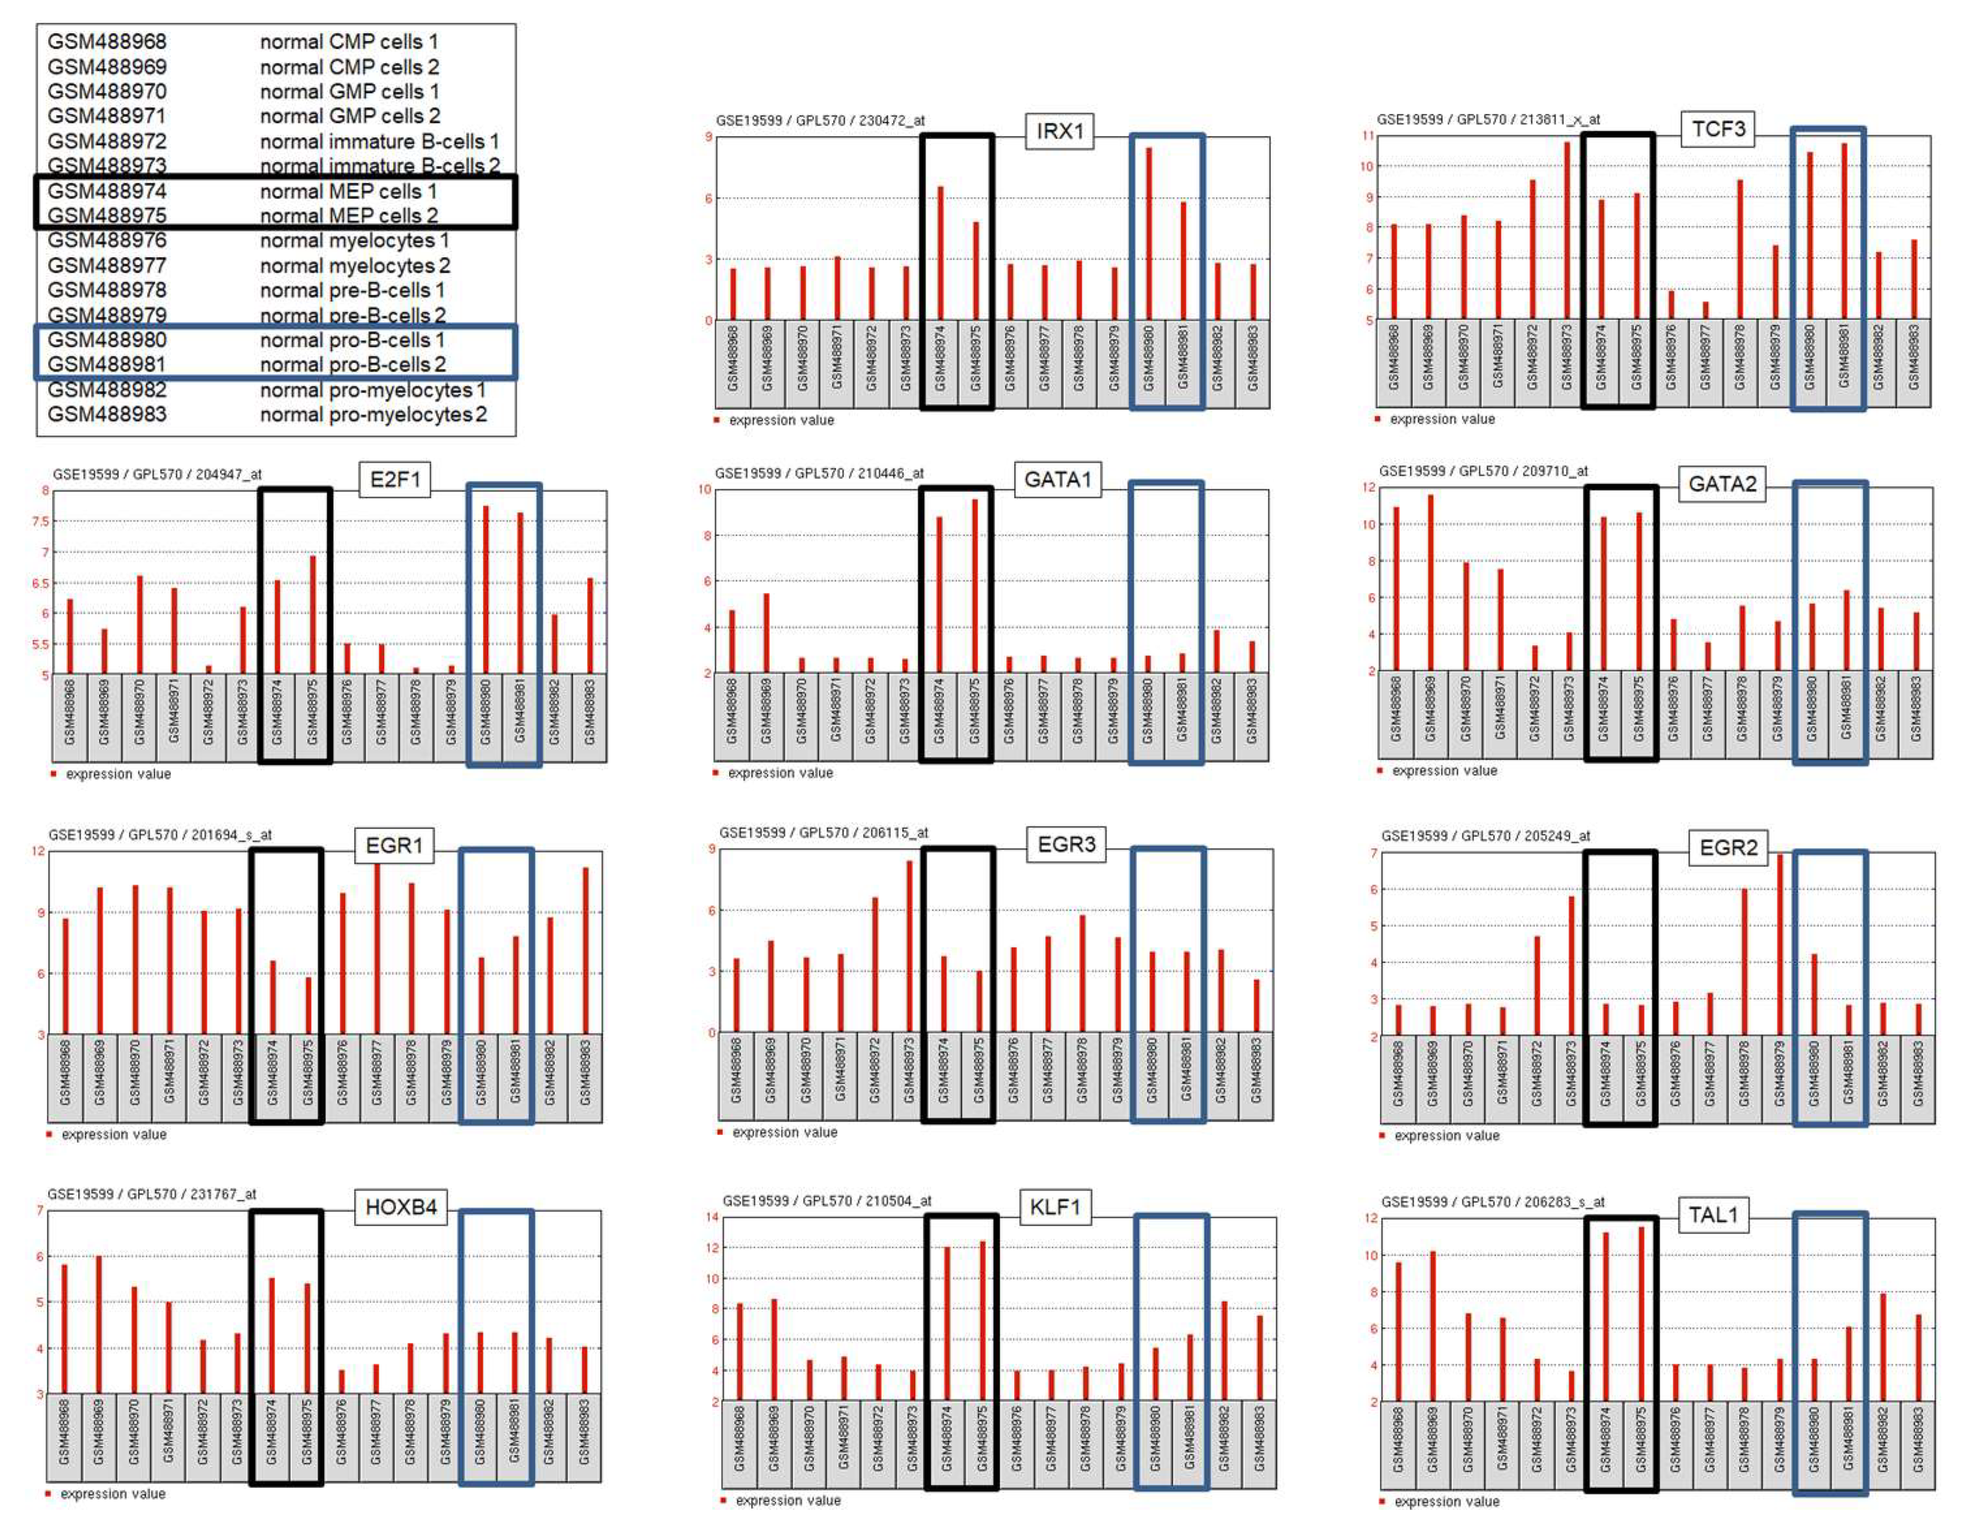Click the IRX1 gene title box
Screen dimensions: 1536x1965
[x=1059, y=131]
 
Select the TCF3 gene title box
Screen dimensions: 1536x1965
[x=1718, y=129]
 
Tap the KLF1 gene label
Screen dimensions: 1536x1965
[x=1054, y=1207]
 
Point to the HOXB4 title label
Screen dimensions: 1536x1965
[x=400, y=1207]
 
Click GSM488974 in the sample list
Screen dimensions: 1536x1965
[x=107, y=191]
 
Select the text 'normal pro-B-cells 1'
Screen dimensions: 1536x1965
[x=351, y=340]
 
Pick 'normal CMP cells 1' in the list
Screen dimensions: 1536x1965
[x=349, y=42]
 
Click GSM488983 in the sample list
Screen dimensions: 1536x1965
[x=107, y=414]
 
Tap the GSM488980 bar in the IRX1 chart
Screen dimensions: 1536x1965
[x=1149, y=234]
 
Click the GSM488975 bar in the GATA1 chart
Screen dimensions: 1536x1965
[x=974, y=586]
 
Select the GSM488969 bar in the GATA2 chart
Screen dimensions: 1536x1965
[x=1431, y=583]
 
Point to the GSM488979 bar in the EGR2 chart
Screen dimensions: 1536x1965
[x=1779, y=945]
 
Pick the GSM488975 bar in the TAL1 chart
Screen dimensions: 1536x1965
[x=1641, y=1314]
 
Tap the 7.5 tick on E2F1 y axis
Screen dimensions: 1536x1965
[x=40, y=521]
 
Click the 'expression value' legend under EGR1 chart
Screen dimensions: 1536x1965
[x=113, y=1134]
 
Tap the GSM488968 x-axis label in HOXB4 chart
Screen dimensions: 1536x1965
[x=64, y=1437]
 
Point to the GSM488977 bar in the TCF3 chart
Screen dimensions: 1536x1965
[x=1705, y=310]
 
